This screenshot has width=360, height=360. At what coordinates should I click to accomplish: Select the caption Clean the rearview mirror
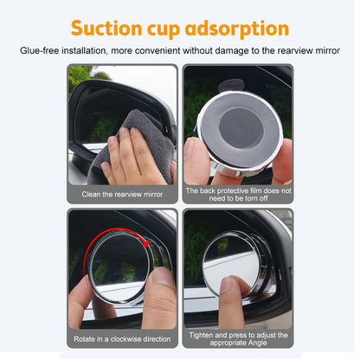point(121,194)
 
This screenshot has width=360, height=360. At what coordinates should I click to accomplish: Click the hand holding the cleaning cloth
point(130,160)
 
